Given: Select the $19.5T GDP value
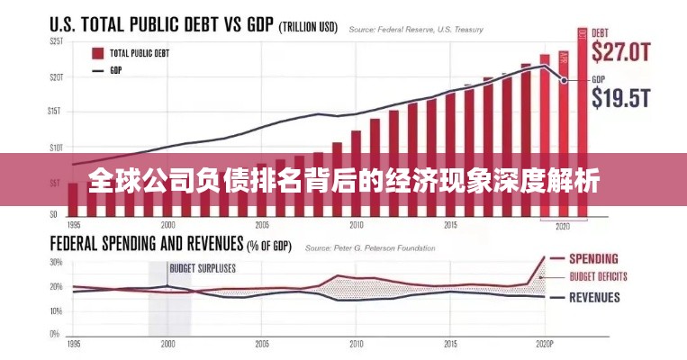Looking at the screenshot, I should (621, 98).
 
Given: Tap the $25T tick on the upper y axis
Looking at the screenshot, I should (57, 42).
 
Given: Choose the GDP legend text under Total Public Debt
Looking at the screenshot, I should (116, 69).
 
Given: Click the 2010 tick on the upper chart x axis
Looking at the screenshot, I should (357, 225).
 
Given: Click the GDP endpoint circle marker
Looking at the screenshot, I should (564, 80).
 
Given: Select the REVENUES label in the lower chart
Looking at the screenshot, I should (595, 297).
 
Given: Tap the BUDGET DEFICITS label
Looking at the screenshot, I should (599, 276).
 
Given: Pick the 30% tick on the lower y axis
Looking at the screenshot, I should (56, 262).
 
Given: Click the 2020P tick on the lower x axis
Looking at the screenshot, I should (544, 344).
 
